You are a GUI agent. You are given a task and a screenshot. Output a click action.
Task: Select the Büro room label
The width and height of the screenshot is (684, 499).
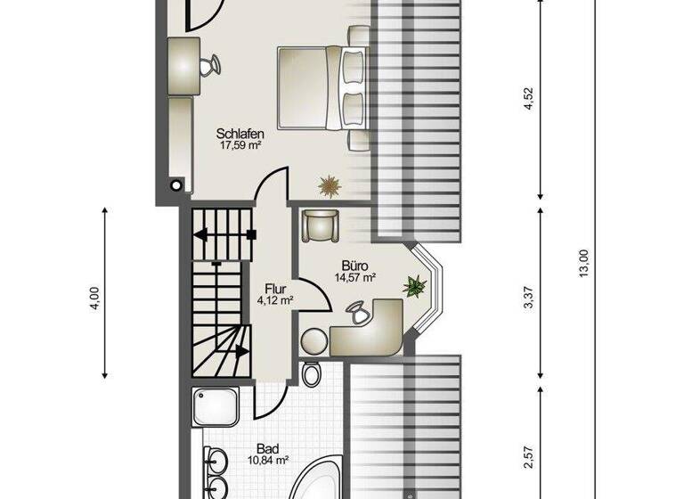tap(354, 266)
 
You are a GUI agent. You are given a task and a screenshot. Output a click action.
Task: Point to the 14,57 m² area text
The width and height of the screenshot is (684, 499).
tap(354, 277)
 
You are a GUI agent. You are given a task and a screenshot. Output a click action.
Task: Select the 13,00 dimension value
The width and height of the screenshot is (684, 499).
tap(583, 264)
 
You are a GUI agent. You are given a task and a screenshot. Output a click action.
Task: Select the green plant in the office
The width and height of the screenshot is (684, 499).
tap(414, 286)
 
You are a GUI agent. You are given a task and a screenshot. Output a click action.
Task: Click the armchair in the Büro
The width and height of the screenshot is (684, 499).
tap(320, 225)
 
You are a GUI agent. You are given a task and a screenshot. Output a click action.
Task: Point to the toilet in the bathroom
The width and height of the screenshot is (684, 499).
tap(310, 374)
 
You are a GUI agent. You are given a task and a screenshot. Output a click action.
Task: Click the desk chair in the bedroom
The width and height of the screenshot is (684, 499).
tap(210, 66)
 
